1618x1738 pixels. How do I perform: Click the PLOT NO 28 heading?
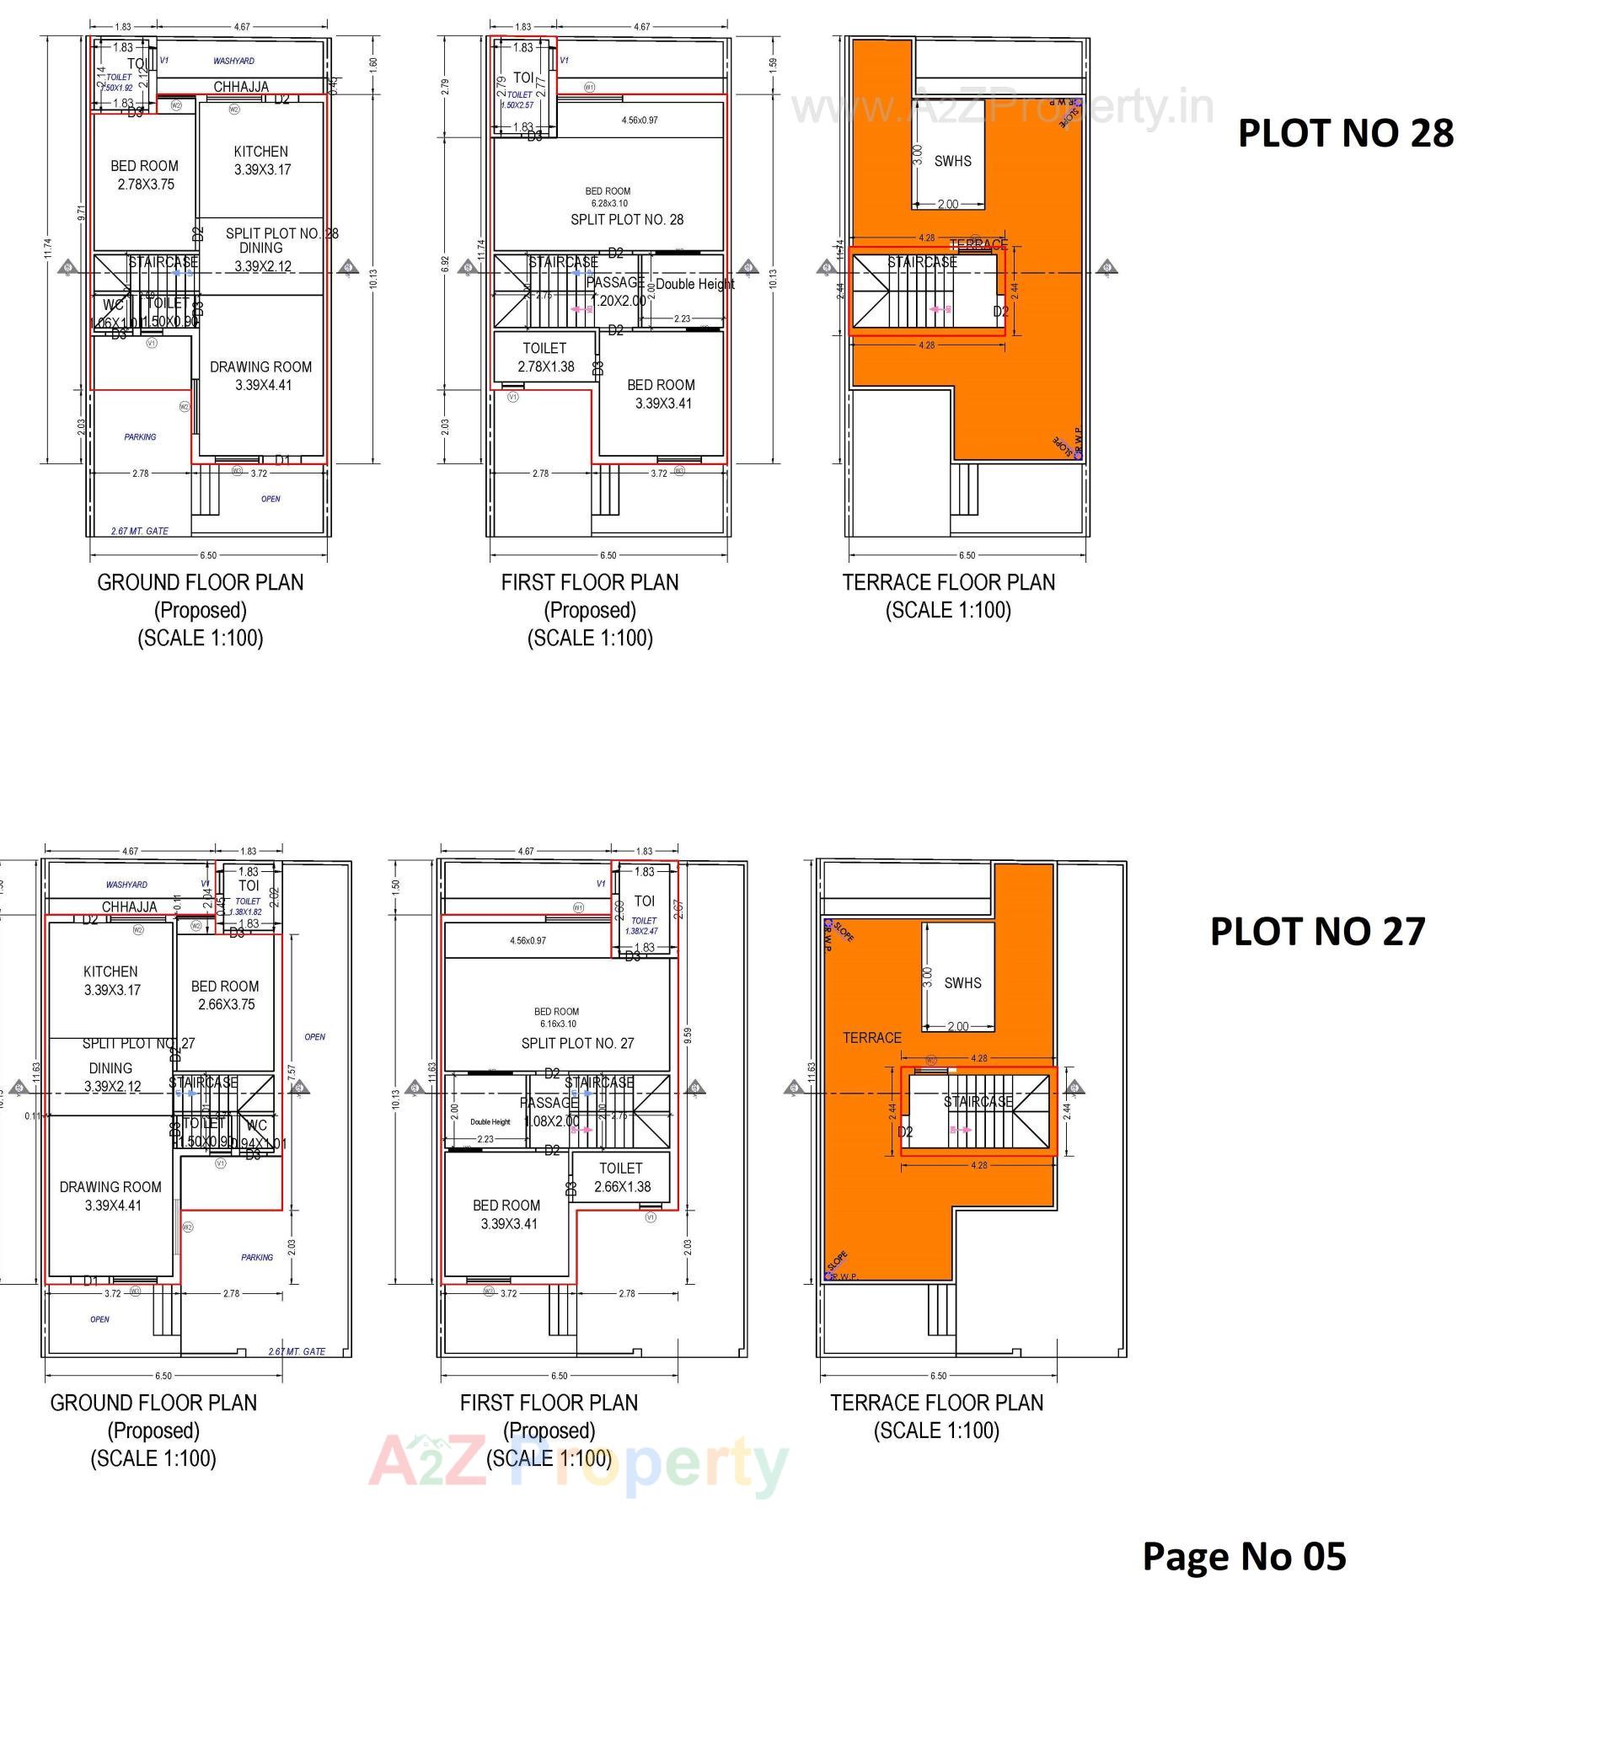click(x=1344, y=133)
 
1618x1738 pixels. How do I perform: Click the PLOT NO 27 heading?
click(x=1316, y=931)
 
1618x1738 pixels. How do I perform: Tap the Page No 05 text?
click(x=1243, y=1555)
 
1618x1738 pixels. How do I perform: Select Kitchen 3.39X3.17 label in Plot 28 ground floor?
click(x=260, y=160)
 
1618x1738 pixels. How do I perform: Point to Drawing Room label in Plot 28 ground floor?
click(x=260, y=375)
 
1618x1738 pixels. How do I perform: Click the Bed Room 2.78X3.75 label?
click(x=144, y=175)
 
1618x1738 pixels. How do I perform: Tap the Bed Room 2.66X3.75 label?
click(x=225, y=995)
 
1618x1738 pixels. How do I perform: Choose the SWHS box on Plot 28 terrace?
click(x=951, y=161)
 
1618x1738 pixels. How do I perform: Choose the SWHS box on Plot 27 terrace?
click(x=962, y=982)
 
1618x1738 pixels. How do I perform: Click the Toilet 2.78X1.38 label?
click(x=544, y=356)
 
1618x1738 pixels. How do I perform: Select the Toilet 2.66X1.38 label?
click(x=621, y=1177)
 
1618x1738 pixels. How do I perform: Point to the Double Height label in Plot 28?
click(x=694, y=284)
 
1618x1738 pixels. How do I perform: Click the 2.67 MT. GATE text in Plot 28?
click(x=139, y=531)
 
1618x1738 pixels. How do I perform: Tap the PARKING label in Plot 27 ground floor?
click(x=256, y=1257)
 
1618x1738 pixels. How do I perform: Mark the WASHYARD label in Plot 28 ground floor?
click(x=233, y=61)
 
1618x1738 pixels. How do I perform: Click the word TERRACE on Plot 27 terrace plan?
click(x=871, y=1038)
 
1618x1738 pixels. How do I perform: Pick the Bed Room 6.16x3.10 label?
click(x=556, y=1017)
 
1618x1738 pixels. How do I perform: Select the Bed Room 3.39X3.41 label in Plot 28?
click(x=662, y=393)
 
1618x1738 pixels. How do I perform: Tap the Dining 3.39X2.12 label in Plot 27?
click(x=111, y=1077)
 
